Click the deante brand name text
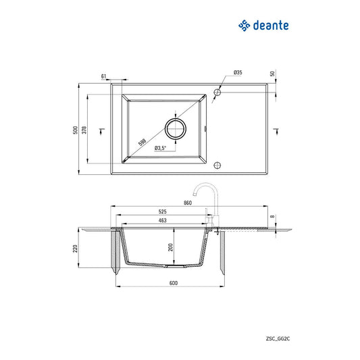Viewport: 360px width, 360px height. (271, 25)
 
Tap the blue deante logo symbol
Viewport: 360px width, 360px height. (244, 26)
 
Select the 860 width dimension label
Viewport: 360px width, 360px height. (188, 203)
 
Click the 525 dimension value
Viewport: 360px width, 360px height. (162, 211)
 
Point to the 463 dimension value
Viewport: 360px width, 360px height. (162, 220)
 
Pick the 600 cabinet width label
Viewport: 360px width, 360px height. (174, 283)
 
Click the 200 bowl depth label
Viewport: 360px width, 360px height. (170, 247)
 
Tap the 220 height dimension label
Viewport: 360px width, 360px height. (75, 249)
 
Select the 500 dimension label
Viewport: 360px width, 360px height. (75, 130)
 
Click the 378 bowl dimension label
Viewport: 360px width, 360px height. (84, 130)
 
